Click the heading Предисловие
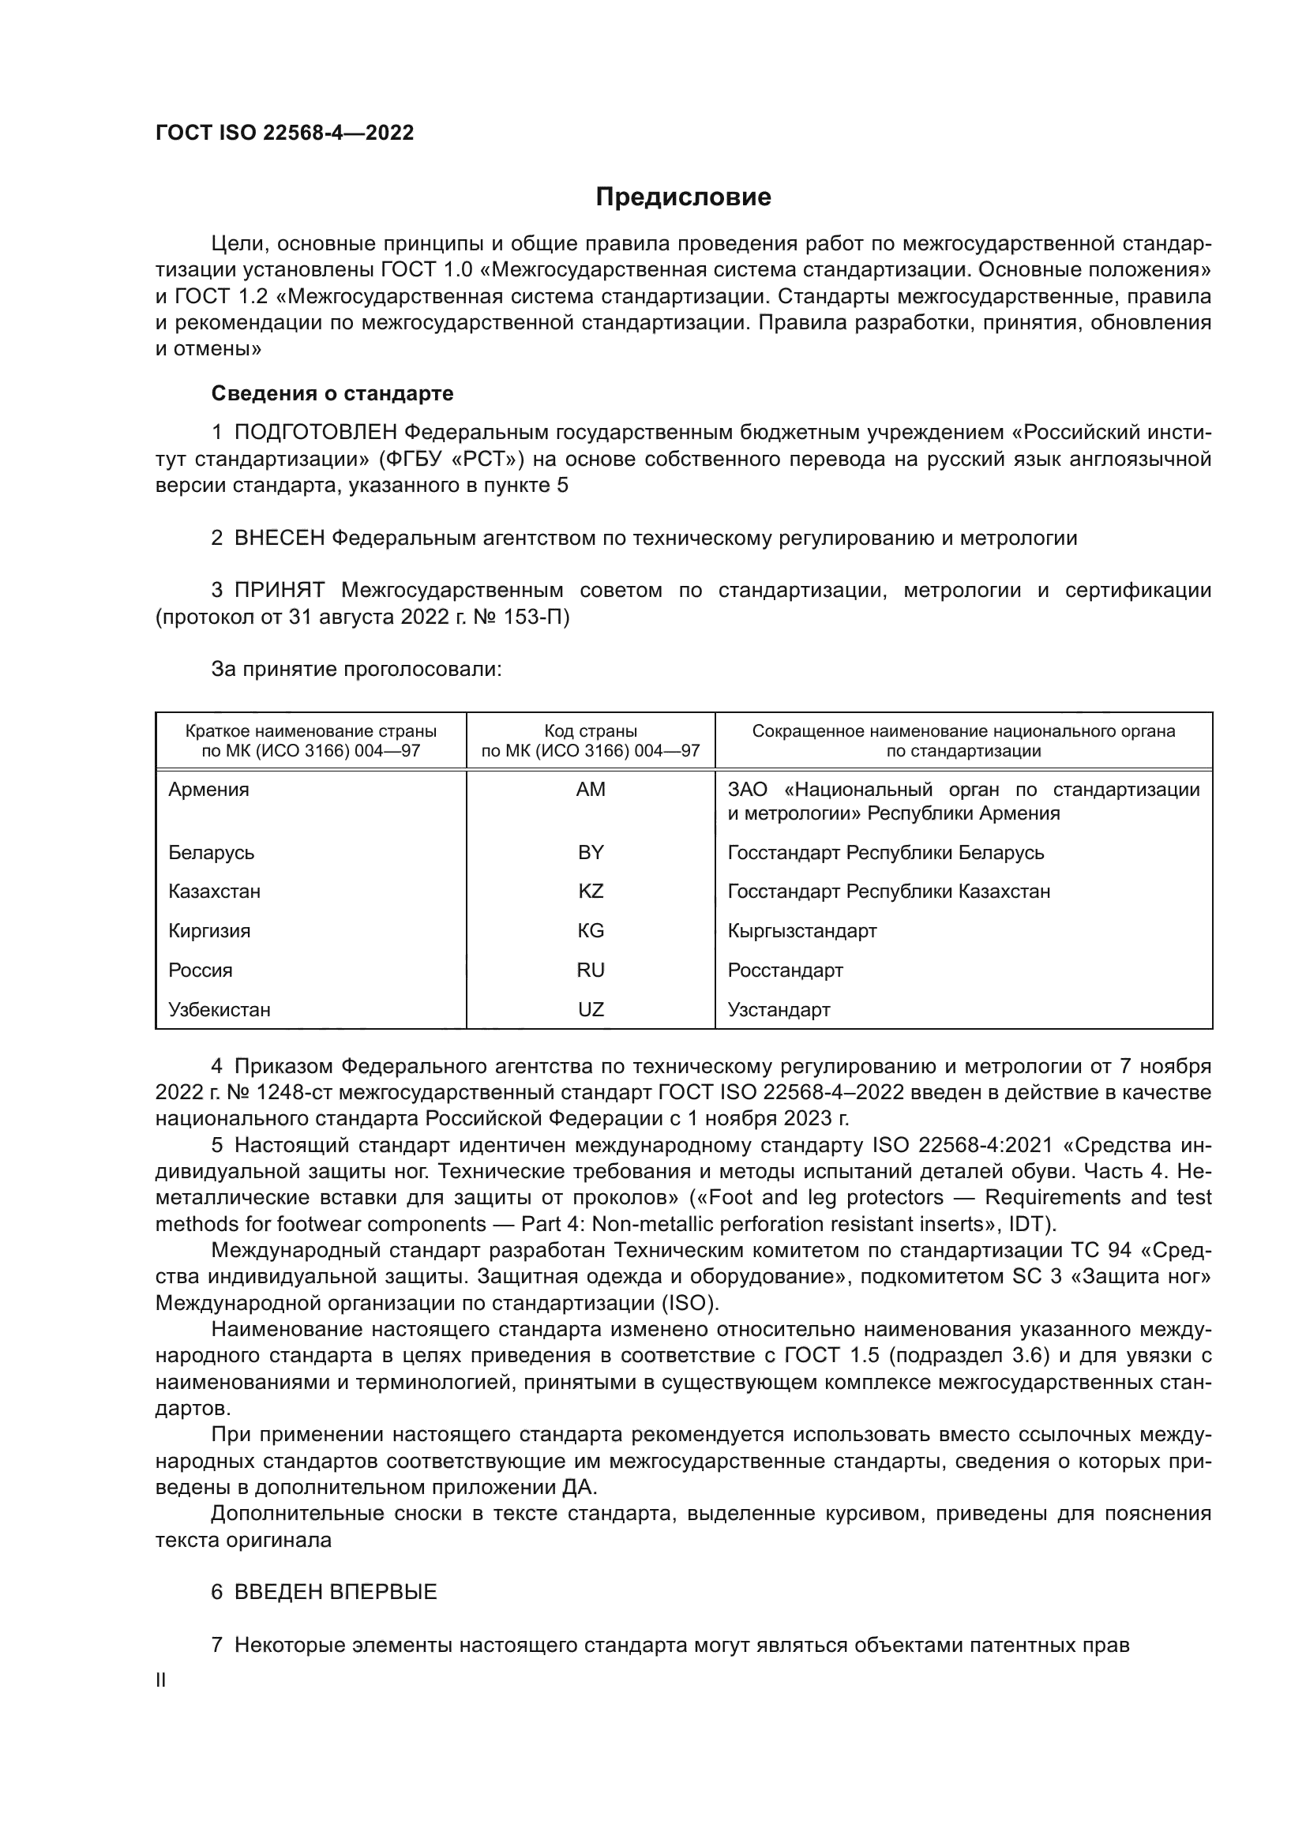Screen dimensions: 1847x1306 coord(683,197)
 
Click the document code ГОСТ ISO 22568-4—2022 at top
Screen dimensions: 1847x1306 coord(285,133)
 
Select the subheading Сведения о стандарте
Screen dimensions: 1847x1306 coord(332,393)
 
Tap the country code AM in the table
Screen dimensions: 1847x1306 coord(591,790)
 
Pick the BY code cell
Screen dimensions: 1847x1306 coord(591,852)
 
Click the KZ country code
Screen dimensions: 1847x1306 coord(591,892)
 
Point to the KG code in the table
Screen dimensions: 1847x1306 coord(591,931)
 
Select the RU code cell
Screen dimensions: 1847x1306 coord(591,970)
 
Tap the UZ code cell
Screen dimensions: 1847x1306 coord(591,1010)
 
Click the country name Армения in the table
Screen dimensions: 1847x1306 coord(209,790)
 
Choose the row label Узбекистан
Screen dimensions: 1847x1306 coord(220,1010)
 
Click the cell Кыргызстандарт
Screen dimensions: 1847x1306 coord(801,931)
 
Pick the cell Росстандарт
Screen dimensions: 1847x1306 coord(785,970)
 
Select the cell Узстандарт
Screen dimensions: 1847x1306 coord(779,1010)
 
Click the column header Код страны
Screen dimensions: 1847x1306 coord(591,731)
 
